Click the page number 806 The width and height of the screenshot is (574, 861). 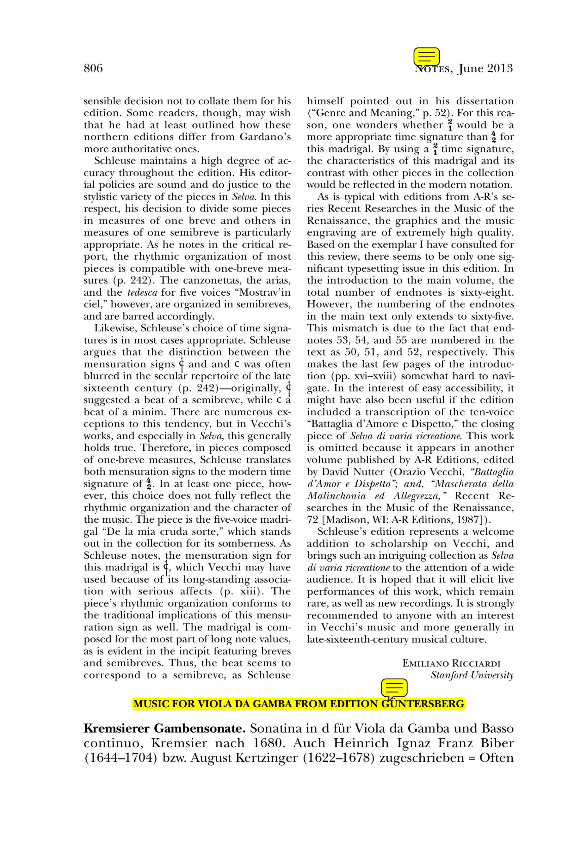coord(93,69)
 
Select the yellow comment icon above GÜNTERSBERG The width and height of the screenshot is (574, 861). coord(394,688)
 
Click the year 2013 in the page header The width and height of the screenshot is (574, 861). coord(500,69)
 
